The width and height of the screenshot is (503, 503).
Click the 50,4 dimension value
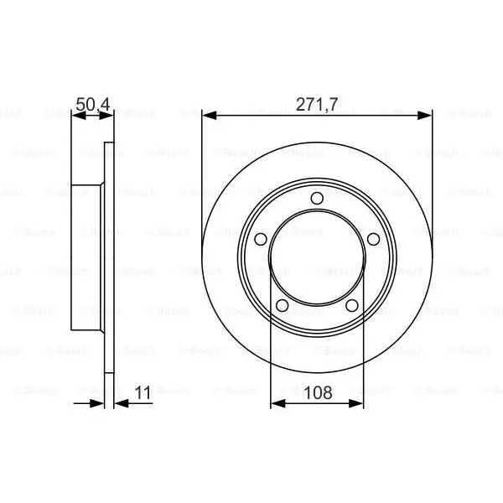point(93,105)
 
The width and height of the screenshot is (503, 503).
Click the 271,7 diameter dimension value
point(317,105)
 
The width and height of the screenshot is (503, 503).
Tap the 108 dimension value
point(318,392)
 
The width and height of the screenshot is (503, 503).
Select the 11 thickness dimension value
point(143,392)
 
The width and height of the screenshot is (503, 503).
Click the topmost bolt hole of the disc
point(317,198)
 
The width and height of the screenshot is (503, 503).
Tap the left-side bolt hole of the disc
point(261,239)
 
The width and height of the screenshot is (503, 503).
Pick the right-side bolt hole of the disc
point(373,239)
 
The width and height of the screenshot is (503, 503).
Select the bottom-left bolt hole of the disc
point(282,305)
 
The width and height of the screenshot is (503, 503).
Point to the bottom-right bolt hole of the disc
point(352,305)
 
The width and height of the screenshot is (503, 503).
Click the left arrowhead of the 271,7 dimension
point(210,116)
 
